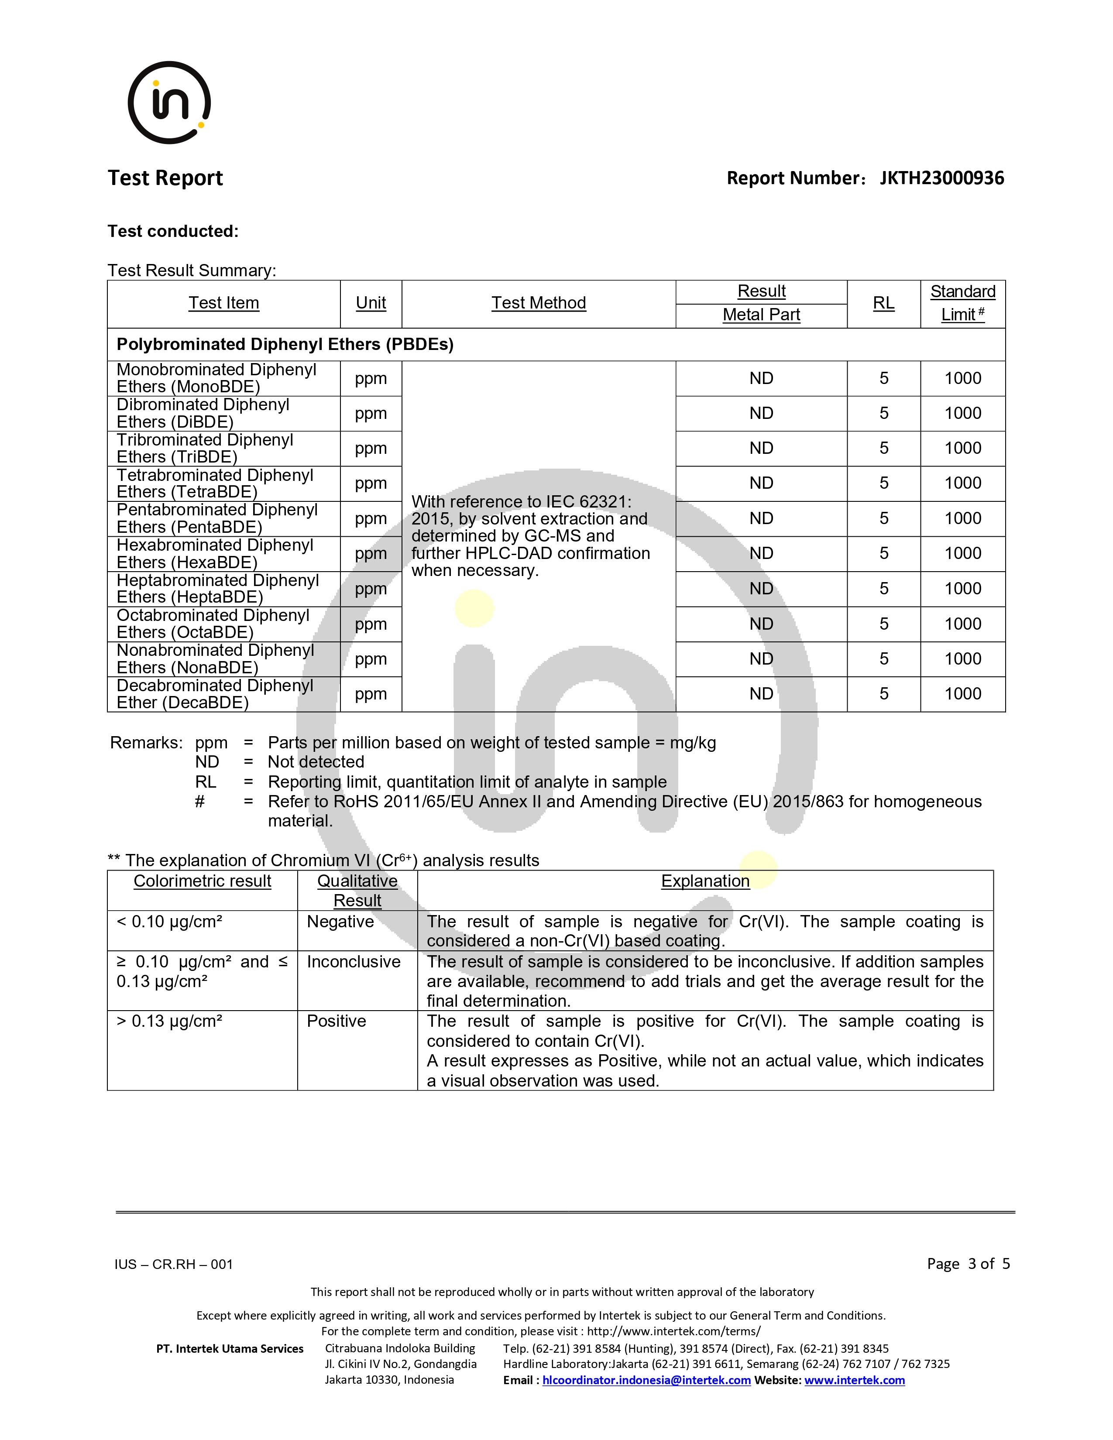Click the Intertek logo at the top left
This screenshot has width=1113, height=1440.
pyautogui.click(x=169, y=103)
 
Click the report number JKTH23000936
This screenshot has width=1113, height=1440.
pyautogui.click(x=941, y=178)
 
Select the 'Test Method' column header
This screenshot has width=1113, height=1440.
pyautogui.click(x=538, y=303)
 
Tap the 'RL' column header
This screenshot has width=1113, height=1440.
pyautogui.click(x=883, y=303)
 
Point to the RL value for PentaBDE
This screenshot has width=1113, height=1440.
pyautogui.click(x=883, y=518)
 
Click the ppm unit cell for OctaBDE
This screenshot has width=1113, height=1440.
pyautogui.click(x=371, y=624)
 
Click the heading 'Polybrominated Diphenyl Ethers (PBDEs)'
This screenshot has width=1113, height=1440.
pyautogui.click(x=285, y=344)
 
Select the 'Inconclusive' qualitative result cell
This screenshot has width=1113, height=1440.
pyautogui.click(x=354, y=962)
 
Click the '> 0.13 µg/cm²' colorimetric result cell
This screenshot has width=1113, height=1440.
pyautogui.click(x=169, y=1022)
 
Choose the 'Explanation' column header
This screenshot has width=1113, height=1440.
pyautogui.click(x=705, y=881)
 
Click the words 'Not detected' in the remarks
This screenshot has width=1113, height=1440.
pyautogui.click(x=316, y=762)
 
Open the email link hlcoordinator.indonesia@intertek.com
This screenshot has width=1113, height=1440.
pyautogui.click(x=646, y=1380)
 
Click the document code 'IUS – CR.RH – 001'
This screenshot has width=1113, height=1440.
pyautogui.click(x=173, y=1264)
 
